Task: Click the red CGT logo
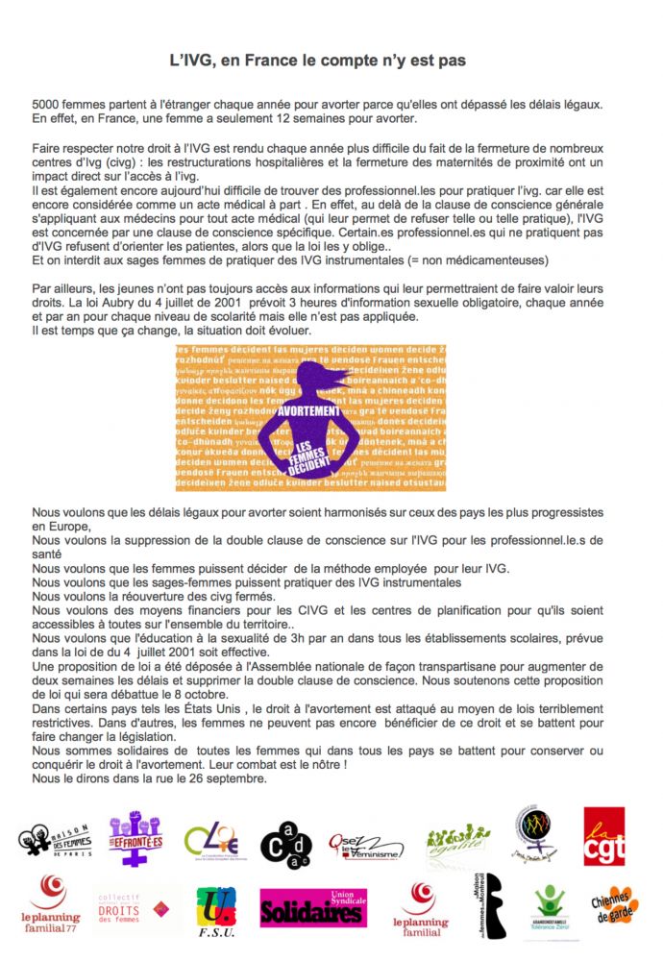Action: click(603, 836)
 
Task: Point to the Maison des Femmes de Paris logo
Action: click(56, 838)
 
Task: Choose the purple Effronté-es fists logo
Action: click(135, 838)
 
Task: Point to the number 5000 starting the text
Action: click(47, 103)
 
